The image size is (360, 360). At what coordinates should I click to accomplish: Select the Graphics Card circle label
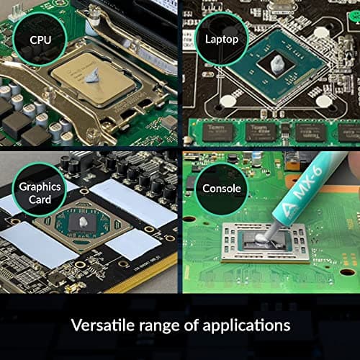[x=40, y=192]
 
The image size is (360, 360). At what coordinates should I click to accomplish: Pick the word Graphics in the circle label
[x=40, y=186]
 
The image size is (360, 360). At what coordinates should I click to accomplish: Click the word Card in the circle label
[x=40, y=199]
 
